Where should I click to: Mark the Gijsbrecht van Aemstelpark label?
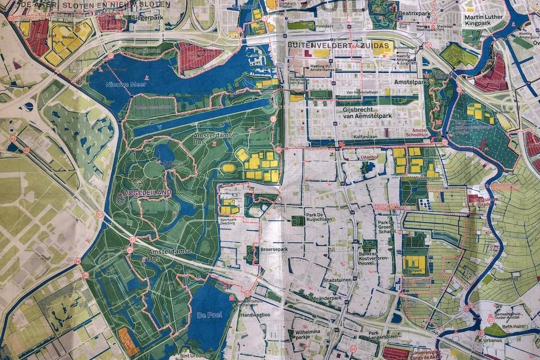tap(370, 112)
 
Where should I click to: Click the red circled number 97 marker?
tap(99, 214)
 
